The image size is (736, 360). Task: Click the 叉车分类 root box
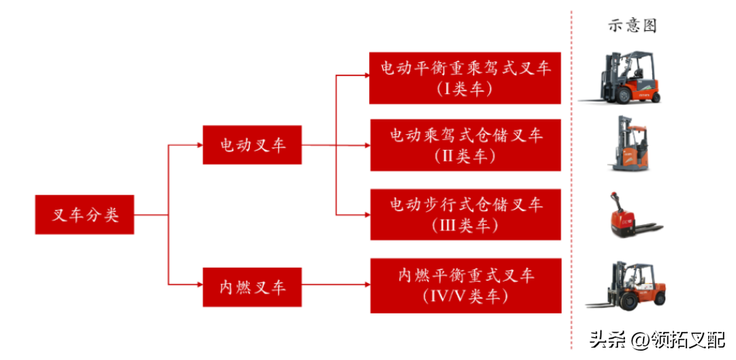click(85, 215)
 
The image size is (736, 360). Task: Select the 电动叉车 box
click(252, 144)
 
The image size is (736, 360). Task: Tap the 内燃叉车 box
click(252, 287)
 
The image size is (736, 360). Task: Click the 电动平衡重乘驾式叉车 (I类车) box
click(465, 78)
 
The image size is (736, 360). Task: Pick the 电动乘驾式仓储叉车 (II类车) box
click(465, 145)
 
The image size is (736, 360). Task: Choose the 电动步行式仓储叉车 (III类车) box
click(465, 214)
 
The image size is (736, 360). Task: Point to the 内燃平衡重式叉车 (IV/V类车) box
click(465, 286)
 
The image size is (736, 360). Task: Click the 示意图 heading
click(631, 26)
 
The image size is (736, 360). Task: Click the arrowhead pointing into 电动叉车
click(199, 144)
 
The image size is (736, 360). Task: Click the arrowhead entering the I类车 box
click(366, 76)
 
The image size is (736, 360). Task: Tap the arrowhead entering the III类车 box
click(366, 214)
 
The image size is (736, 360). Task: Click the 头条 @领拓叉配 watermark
click(656, 340)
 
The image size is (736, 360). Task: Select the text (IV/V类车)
click(465, 296)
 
